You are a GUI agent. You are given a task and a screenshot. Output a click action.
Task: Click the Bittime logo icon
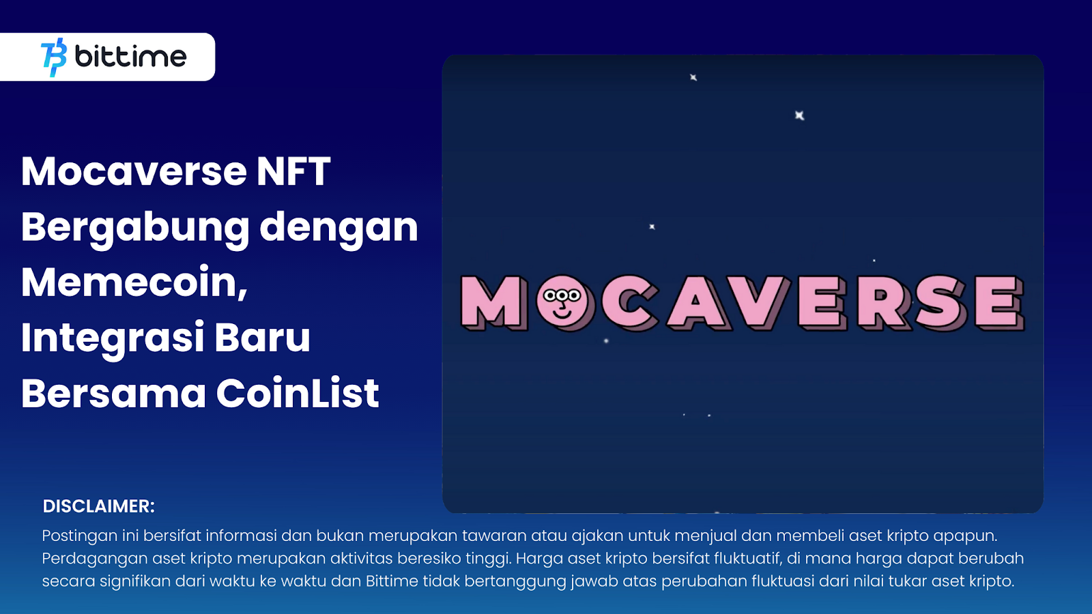[54, 57]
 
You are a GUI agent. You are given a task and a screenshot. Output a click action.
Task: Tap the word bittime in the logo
[130, 57]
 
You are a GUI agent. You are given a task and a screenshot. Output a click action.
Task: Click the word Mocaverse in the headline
[134, 171]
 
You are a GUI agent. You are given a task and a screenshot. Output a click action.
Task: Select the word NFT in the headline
[293, 171]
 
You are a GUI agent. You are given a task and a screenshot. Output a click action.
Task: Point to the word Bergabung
[135, 228]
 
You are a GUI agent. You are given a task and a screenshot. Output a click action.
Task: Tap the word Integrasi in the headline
[113, 338]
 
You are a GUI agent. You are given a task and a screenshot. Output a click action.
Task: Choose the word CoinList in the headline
[298, 394]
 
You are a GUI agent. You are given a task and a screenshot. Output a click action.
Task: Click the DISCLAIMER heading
[99, 506]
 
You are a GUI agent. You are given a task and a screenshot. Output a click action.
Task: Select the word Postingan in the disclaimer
[80, 536]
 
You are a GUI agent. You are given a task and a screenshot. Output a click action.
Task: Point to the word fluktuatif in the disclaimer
[747, 559]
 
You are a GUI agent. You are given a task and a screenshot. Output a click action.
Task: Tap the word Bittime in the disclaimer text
[392, 581]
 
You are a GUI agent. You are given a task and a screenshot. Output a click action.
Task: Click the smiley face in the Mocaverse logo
[562, 302]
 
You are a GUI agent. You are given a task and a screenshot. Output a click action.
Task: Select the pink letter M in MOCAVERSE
[493, 302]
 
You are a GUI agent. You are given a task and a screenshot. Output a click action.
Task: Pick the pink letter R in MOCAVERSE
[883, 302]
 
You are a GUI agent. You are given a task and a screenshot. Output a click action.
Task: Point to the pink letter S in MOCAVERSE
[940, 302]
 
